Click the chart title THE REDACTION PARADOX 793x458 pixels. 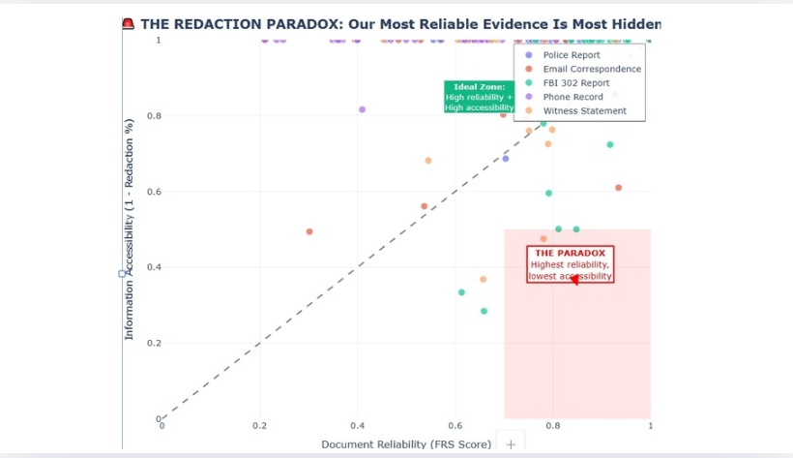400,23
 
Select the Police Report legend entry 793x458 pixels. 571,55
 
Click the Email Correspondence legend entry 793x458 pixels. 591,70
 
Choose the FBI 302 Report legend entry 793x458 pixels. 575,83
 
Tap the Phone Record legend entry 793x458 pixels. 573,97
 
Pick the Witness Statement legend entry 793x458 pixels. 584,110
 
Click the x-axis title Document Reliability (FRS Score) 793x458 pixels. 406,444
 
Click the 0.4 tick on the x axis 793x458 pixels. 358,426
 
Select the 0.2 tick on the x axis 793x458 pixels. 260,426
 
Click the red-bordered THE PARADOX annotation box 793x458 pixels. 570,264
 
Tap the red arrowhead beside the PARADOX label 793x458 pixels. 573,280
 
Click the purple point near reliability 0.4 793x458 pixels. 362,109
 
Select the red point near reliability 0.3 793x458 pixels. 309,231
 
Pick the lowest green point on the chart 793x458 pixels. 484,311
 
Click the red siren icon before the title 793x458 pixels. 128,23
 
